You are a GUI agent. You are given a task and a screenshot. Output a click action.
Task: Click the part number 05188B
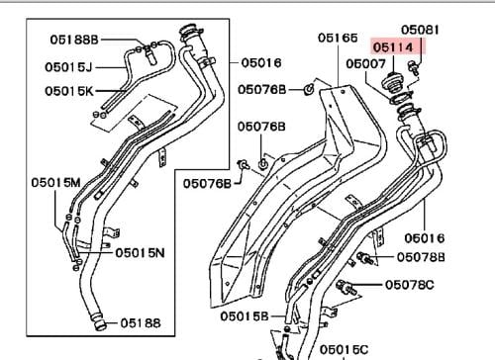tap(74, 40)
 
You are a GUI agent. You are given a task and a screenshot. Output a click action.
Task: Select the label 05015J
tap(68, 67)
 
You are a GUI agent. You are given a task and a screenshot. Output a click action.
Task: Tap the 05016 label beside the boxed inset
tap(261, 62)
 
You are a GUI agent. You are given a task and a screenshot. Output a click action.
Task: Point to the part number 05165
tap(338, 38)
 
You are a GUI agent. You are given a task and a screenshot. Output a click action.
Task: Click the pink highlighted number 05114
tap(393, 47)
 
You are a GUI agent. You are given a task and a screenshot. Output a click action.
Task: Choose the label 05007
tap(365, 63)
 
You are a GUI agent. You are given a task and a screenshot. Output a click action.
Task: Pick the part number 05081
tap(420, 30)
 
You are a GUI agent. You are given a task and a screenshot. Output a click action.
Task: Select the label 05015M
tap(55, 182)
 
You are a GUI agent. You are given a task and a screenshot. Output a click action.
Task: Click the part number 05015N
tap(140, 253)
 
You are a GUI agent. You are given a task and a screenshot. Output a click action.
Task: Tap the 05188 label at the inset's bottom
tap(141, 323)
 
